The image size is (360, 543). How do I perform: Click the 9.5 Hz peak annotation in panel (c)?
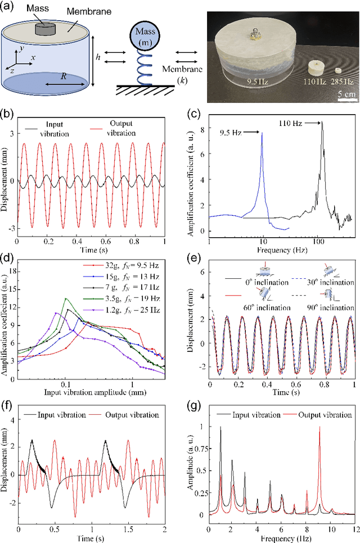(231, 134)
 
